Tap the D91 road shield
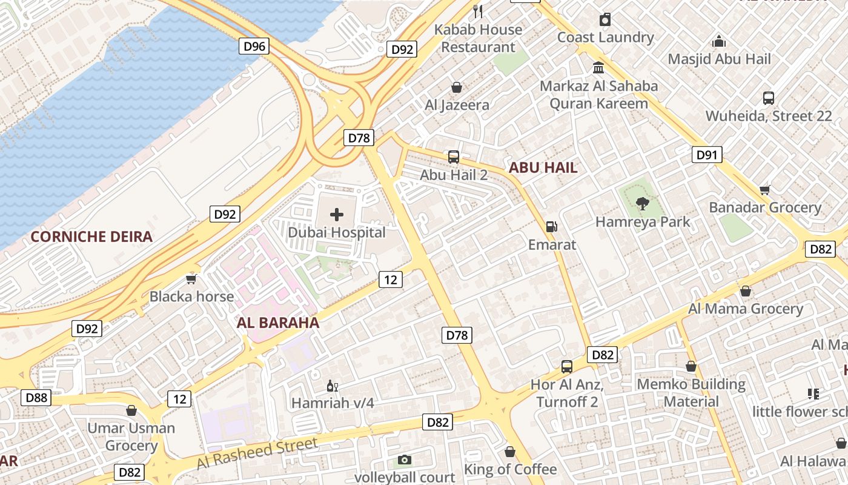click(x=706, y=155)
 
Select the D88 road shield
click(x=36, y=398)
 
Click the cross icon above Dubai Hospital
click(x=336, y=214)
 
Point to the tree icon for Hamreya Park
click(x=642, y=204)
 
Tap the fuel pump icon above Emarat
click(x=551, y=227)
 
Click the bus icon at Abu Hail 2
click(x=454, y=157)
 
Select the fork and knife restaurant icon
click(x=478, y=11)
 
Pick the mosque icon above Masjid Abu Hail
click(x=719, y=41)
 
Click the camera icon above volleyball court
click(x=404, y=460)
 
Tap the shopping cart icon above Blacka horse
click(x=191, y=279)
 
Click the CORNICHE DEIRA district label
click(x=91, y=236)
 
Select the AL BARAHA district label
click(x=278, y=323)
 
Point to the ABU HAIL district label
click(x=543, y=168)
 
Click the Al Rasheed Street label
click(x=257, y=453)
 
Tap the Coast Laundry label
click(x=605, y=37)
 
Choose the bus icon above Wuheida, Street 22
click(x=768, y=98)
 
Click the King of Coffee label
click(x=510, y=469)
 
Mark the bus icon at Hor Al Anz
click(x=567, y=366)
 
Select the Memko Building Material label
click(x=691, y=393)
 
